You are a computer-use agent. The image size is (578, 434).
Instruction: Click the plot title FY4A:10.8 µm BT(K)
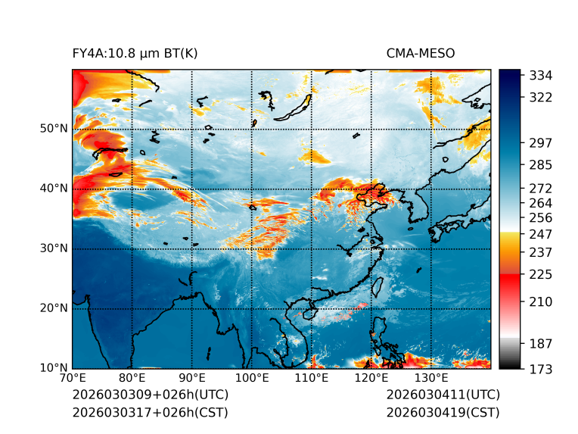coord(135,54)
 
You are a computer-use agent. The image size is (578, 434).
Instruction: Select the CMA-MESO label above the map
coord(420,54)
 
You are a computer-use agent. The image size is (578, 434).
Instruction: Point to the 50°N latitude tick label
coord(54,129)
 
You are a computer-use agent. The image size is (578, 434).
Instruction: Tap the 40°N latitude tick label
coord(54,189)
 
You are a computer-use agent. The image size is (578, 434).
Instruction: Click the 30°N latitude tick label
coord(54,248)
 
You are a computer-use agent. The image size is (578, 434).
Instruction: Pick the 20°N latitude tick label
coord(54,308)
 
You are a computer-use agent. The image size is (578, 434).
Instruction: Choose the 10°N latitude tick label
coord(54,368)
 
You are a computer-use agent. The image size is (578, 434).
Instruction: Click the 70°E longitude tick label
coord(73,379)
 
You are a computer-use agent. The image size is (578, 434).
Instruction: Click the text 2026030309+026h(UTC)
coord(150,395)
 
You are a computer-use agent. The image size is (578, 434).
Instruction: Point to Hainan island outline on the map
coord(308,312)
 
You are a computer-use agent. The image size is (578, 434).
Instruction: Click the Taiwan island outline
coord(377,287)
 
